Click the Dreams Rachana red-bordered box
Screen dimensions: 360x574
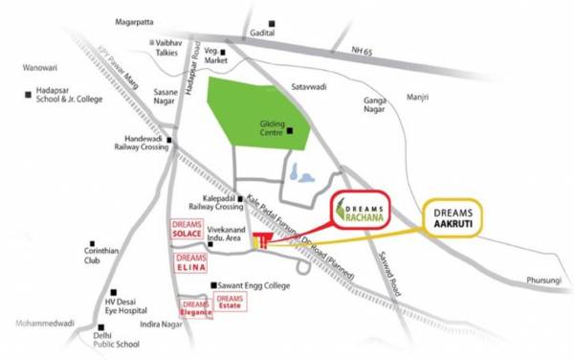coord(369,209)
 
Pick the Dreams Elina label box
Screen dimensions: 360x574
coord(191,262)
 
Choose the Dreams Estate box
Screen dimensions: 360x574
coord(230,302)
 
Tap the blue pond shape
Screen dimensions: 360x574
coord(300,173)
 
